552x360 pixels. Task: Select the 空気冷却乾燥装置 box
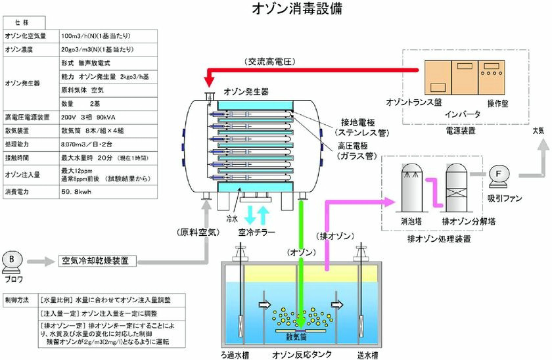coord(99,261)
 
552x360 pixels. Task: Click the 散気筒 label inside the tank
coord(297,337)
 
